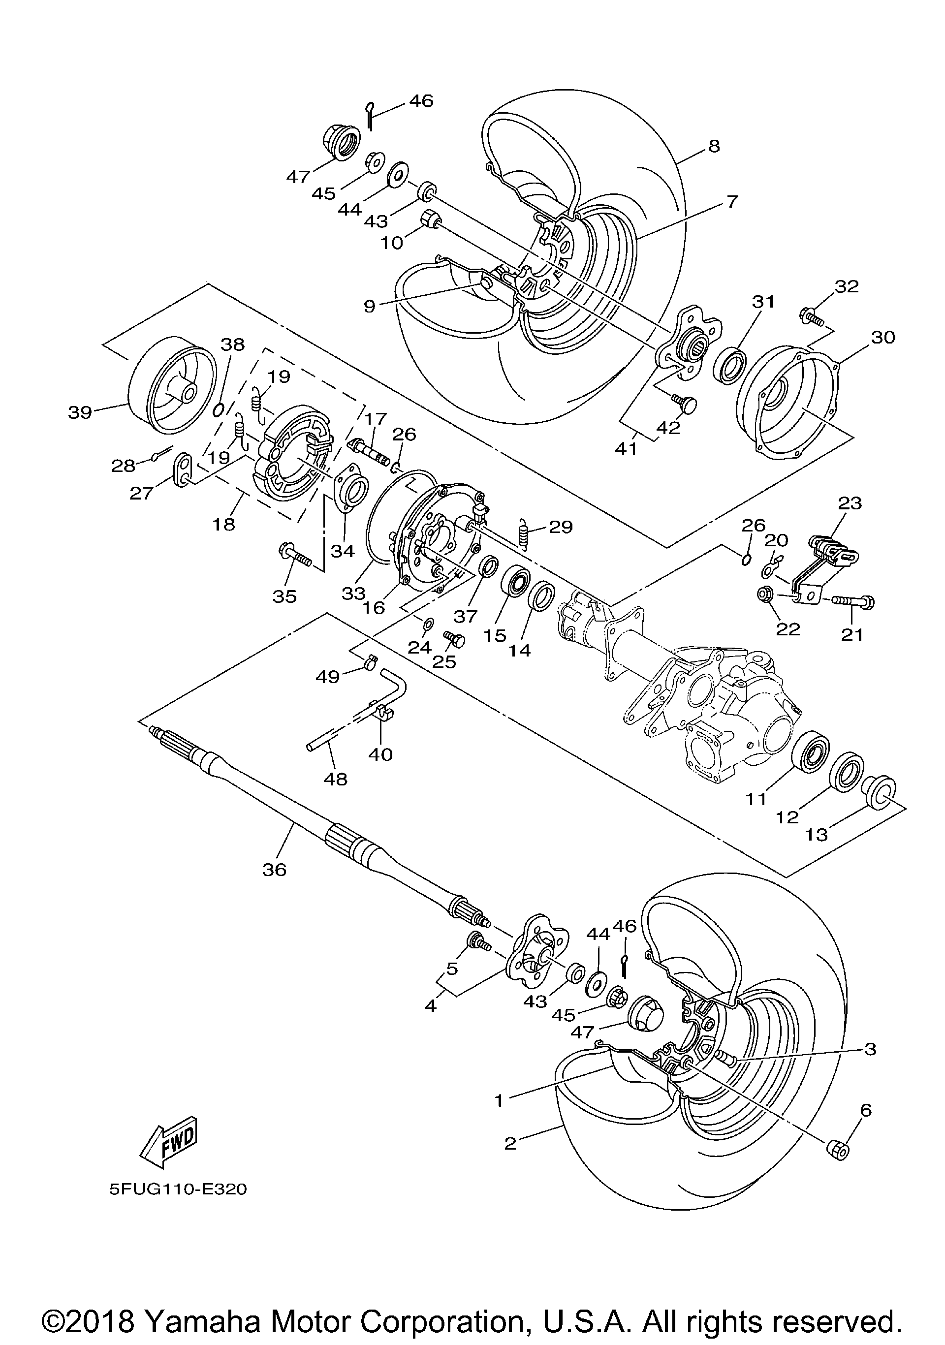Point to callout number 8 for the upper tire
(714, 145)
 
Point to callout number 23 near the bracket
(850, 502)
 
